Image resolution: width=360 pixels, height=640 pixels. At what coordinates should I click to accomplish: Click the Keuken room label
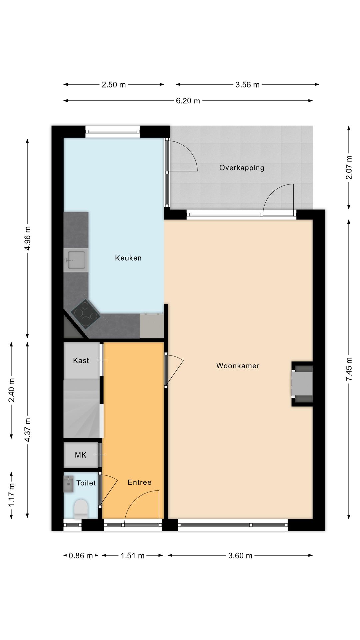[128, 258]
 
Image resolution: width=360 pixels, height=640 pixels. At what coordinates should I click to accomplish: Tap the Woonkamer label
[238, 366]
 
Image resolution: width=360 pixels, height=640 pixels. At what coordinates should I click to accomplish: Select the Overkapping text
[242, 168]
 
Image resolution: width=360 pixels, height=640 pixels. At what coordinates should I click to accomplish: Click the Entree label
[139, 482]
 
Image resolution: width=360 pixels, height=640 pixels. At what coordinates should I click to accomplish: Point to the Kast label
[81, 360]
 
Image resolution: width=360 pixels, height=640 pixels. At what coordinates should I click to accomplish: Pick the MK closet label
[81, 455]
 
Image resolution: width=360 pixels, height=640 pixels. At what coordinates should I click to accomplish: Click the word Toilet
[86, 483]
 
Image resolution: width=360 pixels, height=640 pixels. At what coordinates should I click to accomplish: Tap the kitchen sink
[76, 260]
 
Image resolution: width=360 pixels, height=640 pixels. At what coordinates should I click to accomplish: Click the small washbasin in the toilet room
[69, 484]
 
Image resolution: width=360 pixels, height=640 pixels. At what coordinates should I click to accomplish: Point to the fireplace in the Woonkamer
[302, 384]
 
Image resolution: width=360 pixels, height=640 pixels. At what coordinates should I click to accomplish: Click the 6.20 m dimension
[188, 101]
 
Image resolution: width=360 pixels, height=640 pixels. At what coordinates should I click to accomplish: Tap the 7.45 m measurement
[349, 369]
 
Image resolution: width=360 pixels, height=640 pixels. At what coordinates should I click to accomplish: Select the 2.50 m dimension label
[114, 85]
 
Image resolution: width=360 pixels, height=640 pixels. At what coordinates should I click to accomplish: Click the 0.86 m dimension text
[81, 556]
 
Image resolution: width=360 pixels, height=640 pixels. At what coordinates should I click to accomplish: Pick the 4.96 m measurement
[28, 238]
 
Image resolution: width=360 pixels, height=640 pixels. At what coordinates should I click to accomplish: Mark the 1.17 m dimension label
[12, 495]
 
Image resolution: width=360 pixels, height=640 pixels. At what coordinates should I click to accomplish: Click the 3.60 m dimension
[240, 556]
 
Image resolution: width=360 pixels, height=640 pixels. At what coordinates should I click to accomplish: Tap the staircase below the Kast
[82, 409]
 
